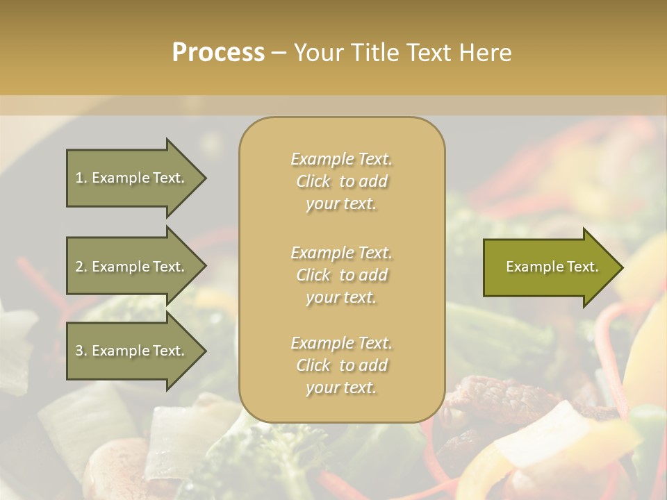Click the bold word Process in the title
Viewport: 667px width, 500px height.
point(218,53)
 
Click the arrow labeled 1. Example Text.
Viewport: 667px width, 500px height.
point(130,178)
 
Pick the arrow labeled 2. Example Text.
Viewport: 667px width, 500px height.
point(130,267)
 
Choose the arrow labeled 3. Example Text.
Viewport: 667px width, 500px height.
point(130,351)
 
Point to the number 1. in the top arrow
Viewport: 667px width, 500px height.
point(81,178)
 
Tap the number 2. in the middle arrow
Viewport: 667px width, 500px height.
point(81,267)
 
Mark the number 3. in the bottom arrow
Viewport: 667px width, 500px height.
point(81,351)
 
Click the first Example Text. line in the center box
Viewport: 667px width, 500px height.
point(341,159)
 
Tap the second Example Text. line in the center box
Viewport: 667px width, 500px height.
point(341,253)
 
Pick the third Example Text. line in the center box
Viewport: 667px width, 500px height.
point(341,343)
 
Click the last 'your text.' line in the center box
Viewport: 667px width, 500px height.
point(341,388)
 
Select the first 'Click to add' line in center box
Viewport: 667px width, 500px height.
point(341,181)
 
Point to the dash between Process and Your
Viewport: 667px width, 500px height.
point(279,53)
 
